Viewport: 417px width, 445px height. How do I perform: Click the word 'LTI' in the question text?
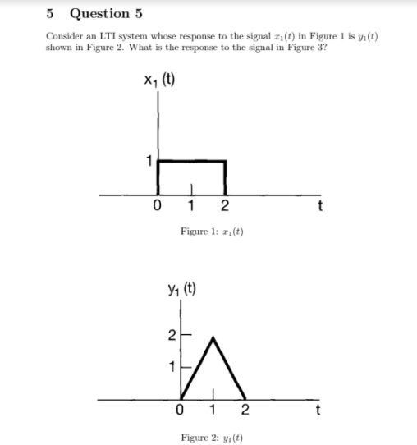(107, 37)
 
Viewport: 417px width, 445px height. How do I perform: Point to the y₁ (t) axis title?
(181, 288)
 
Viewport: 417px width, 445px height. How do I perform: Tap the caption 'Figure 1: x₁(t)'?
(211, 232)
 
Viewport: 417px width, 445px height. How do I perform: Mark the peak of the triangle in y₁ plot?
(214, 337)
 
